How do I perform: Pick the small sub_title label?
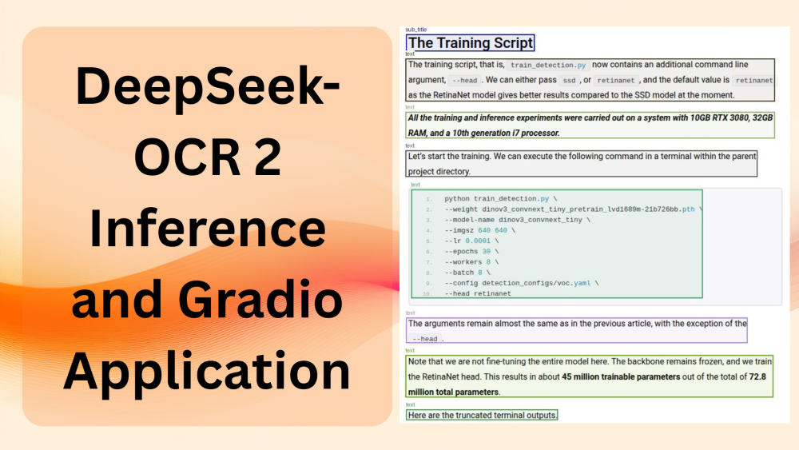point(416,30)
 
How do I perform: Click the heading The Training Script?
point(470,43)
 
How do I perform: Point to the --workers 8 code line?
point(471,261)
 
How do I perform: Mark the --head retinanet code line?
point(478,293)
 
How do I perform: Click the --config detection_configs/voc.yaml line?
point(521,283)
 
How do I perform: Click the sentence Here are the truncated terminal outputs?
point(483,416)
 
